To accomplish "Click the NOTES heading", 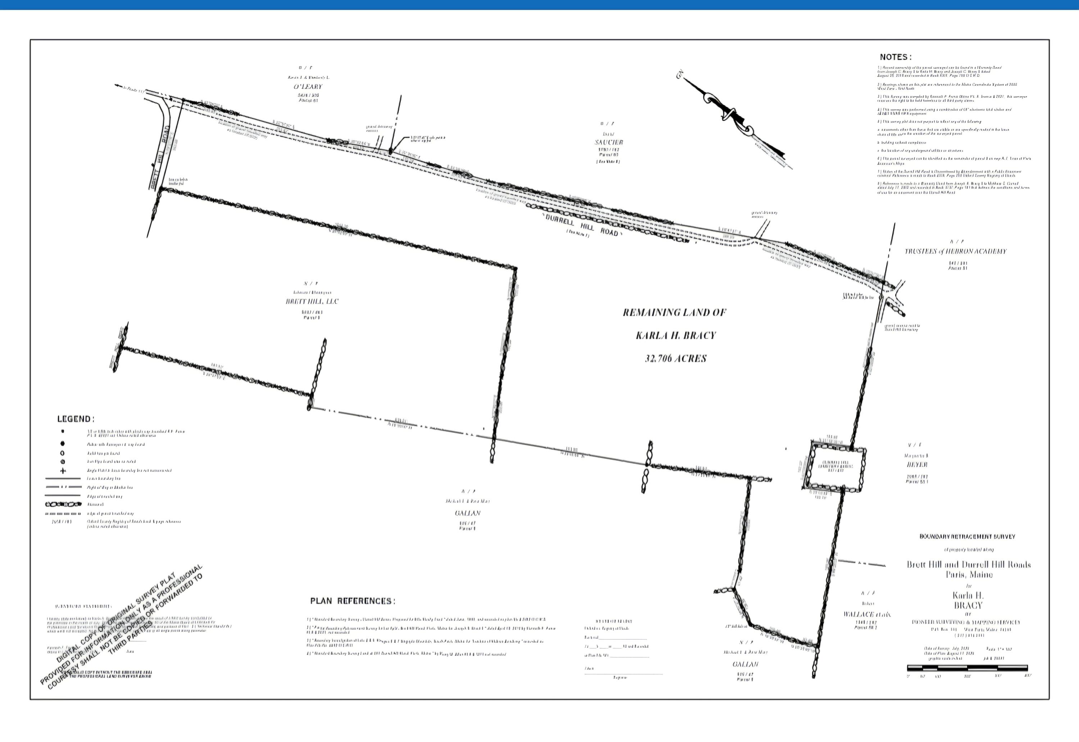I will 895,57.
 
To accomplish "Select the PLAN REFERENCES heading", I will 352,601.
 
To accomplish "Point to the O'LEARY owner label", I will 308,86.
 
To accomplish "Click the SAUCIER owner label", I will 609,142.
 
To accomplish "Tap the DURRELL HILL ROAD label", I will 582,225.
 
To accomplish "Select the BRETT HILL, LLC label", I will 312,301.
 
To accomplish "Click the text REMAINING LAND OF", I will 674,313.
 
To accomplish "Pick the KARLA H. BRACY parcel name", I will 675,335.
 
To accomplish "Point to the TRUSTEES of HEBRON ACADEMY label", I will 955,251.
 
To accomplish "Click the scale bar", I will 967,668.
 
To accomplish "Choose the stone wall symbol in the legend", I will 63,504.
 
